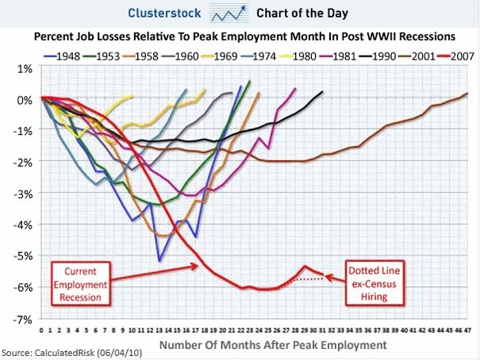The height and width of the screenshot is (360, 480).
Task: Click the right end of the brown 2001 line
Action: click(467, 94)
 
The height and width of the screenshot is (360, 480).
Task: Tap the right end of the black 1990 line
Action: click(323, 92)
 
